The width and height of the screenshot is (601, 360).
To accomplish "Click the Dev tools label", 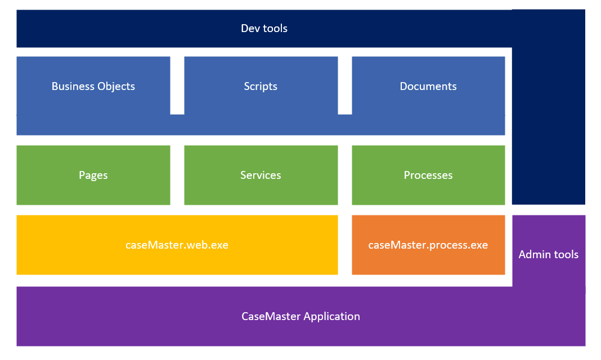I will pyautogui.click(x=264, y=29).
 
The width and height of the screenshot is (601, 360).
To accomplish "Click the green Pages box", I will pyautogui.click(x=93, y=175).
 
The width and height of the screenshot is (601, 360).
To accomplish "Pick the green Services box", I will pyautogui.click(x=261, y=175).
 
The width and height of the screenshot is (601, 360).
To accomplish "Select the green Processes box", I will pyautogui.click(x=428, y=175).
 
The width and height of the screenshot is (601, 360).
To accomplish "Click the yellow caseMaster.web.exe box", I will pyautogui.click(x=177, y=245).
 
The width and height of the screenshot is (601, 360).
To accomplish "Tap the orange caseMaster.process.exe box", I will pyautogui.click(x=428, y=245).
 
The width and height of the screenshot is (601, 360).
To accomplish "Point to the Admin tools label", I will pyautogui.click(x=548, y=254).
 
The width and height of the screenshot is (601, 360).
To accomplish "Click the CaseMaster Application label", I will pyautogui.click(x=300, y=316).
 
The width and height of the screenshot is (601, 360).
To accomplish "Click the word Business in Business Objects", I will pyautogui.click(x=72, y=86).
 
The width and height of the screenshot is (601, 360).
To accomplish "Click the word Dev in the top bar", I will pyautogui.click(x=250, y=29).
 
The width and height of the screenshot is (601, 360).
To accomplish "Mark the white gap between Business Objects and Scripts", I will pyautogui.click(x=177, y=85).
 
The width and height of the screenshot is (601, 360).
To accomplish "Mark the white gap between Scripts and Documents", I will pyautogui.click(x=345, y=85).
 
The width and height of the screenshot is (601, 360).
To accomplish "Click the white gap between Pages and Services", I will pyautogui.click(x=177, y=175).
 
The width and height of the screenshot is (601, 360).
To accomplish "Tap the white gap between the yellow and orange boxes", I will pyautogui.click(x=345, y=245).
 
